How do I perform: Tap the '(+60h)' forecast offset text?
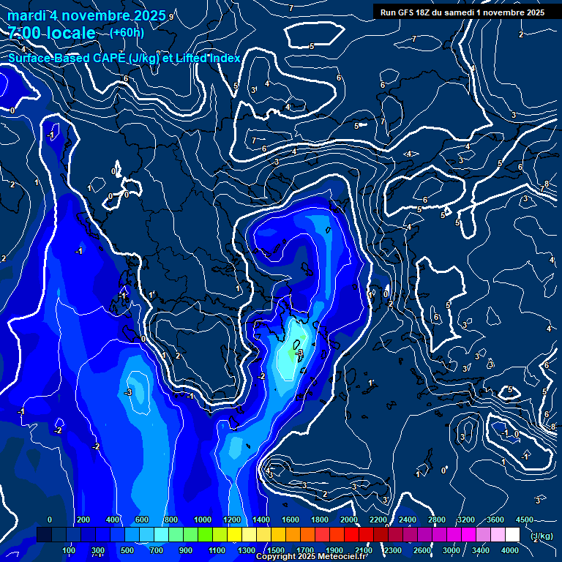point(127,33)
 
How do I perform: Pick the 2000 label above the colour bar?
point(349,520)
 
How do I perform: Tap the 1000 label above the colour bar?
point(202,520)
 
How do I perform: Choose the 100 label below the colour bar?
point(69,550)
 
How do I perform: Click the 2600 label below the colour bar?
point(421,550)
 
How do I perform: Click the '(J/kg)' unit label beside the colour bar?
point(541,536)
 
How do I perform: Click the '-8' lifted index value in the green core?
point(299,353)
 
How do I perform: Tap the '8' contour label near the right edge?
point(547,184)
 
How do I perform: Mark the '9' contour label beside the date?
point(171,17)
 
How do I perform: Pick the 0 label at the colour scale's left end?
point(49,520)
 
